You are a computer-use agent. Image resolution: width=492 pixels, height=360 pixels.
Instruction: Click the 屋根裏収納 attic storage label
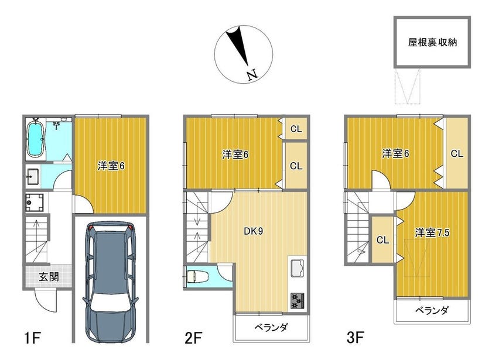point(432,42)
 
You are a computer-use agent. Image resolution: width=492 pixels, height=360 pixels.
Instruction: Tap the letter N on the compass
point(252,75)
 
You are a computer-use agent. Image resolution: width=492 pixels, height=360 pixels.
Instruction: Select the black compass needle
point(238,46)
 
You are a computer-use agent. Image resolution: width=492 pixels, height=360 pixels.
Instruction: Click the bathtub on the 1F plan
point(35,139)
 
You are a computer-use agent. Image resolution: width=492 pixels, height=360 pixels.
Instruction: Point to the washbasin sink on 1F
point(33,176)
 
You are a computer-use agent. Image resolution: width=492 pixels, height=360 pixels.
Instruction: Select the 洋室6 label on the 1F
point(111,166)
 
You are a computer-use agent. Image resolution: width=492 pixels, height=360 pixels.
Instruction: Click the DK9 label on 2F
point(254,231)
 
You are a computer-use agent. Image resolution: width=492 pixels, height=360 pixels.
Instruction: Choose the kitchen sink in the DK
point(297,268)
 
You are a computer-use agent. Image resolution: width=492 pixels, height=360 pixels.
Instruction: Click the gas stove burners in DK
point(297,301)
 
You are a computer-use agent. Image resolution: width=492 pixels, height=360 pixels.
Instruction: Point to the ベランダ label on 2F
point(271,327)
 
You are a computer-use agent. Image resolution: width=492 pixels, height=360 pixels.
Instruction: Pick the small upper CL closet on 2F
point(296,129)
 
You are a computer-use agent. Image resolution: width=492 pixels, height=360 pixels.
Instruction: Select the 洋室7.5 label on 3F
point(432,232)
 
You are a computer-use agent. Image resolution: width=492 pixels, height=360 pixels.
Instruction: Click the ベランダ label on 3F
point(432,310)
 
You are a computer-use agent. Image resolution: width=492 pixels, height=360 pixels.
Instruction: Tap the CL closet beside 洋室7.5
point(382,240)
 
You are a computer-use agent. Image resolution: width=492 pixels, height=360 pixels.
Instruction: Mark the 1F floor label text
point(32,338)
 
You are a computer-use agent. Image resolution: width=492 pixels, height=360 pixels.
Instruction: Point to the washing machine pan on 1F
point(34,203)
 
